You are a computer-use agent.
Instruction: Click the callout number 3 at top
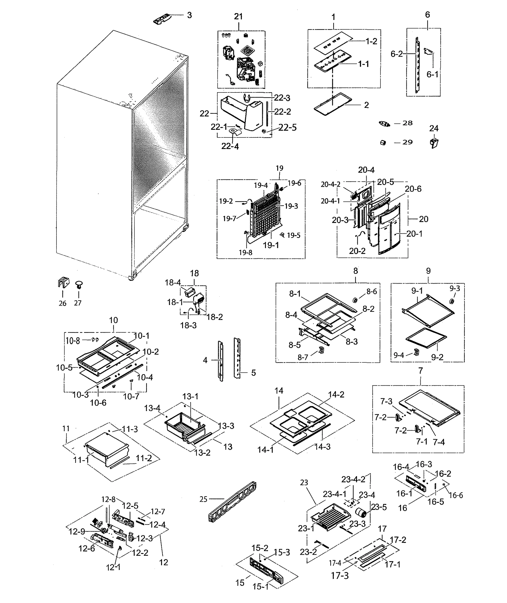[189, 15]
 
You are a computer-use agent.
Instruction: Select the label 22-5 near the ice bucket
[287, 127]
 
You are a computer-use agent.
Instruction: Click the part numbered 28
[384, 124]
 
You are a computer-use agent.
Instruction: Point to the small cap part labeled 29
[383, 143]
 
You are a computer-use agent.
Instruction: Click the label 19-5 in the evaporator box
[294, 235]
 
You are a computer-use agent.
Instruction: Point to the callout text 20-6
[413, 189]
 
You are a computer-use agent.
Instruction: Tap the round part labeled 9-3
[452, 301]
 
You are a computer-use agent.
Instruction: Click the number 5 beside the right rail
[253, 373]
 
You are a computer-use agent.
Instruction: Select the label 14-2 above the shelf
[336, 394]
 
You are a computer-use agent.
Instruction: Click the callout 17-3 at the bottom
[340, 576]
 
